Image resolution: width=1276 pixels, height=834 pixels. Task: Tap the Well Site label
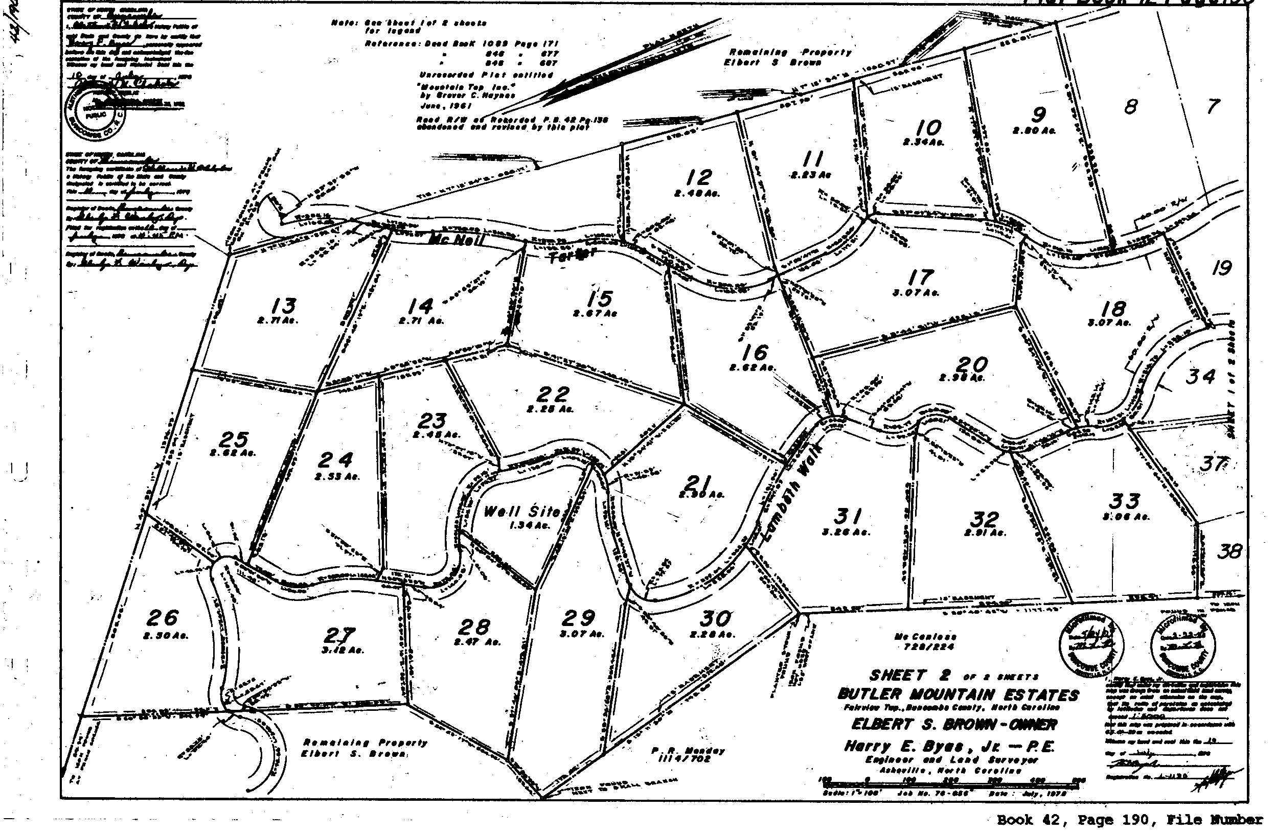coord(521,512)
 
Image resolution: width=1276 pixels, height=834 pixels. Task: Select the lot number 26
coord(163,617)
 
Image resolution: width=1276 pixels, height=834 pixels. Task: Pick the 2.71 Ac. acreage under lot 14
coord(421,321)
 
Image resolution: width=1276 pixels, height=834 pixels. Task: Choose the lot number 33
coord(1124,501)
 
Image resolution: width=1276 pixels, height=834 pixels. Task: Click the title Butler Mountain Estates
coord(958,695)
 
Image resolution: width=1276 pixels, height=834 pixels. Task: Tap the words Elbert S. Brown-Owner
coord(954,725)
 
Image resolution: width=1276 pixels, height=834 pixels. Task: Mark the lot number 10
coord(928,128)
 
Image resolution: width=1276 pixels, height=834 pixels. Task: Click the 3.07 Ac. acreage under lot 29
coord(582,634)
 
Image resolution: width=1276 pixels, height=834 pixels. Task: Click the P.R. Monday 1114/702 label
coord(689,755)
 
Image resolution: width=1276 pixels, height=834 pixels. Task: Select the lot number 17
coord(921,277)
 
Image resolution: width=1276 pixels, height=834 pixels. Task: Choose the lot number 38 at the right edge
coord(1229,551)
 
